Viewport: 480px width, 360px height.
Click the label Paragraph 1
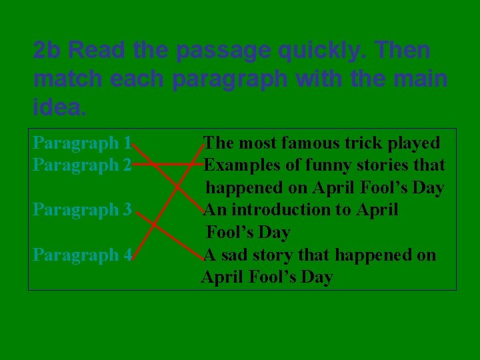click(81, 143)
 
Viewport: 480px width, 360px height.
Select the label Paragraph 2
click(81, 165)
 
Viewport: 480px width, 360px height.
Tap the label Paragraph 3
click(81, 210)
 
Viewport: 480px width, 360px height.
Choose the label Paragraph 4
click(81, 255)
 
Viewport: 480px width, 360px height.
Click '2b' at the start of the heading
click(47, 50)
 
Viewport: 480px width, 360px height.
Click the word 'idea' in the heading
click(58, 106)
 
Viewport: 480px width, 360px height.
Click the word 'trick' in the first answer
click(364, 143)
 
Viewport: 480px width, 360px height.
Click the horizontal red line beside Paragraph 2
click(169, 163)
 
